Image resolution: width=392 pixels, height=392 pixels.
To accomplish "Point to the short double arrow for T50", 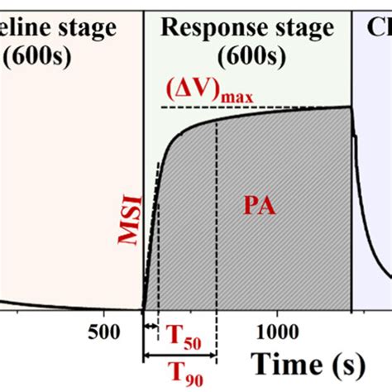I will pos(151,327).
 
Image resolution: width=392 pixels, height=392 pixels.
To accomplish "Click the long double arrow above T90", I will pos(179,356).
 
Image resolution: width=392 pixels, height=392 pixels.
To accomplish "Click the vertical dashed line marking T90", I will pos(216,248).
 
